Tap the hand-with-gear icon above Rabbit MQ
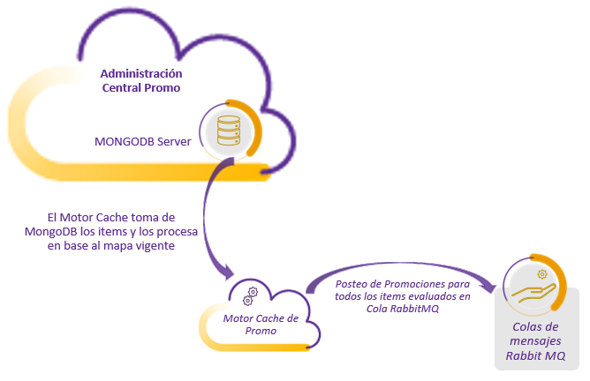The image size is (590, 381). coord(534,287)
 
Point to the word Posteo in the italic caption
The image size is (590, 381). coord(353,284)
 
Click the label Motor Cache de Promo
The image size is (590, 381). coord(261,325)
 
